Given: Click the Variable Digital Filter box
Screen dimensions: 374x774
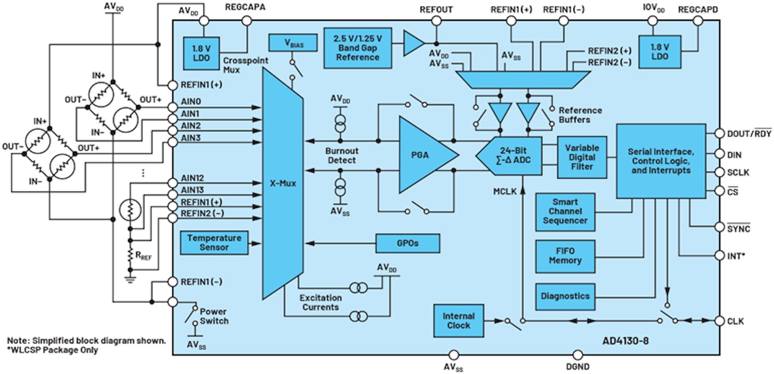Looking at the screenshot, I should point(582,157).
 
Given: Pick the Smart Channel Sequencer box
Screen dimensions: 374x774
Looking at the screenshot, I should point(566,212).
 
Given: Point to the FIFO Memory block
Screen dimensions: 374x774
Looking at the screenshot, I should point(566,256).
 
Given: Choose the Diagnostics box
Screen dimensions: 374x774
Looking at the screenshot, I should point(566,297).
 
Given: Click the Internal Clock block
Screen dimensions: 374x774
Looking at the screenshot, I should point(458,320).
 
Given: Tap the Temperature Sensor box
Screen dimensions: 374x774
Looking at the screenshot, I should point(214,243).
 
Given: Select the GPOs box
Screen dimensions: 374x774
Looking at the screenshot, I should point(408,243).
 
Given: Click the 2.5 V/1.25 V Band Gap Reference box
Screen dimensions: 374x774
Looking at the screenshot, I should point(358,47).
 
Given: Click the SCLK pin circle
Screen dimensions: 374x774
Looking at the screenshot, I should point(719,172).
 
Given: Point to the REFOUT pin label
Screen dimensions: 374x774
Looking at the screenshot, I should point(436,9).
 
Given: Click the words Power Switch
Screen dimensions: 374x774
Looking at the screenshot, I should point(214,316).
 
